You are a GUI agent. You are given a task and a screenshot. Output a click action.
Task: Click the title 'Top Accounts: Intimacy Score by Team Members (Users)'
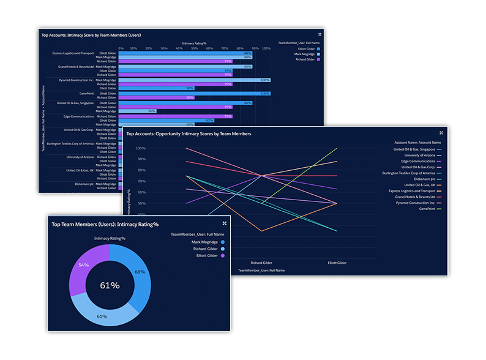pyautogui.click(x=91, y=35)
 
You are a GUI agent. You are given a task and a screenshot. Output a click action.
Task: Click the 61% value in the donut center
pyautogui.click(x=110, y=285)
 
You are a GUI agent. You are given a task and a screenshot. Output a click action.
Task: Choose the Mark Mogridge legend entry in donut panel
pyautogui.click(x=204, y=242)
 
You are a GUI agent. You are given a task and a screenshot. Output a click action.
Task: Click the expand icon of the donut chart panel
pyautogui.click(x=225, y=223)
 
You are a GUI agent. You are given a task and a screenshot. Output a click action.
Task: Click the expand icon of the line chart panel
pyautogui.click(x=441, y=132)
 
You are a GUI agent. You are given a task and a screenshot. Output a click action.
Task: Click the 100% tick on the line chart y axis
pyautogui.click(x=140, y=148)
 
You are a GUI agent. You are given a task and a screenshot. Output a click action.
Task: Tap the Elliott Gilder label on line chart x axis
pyautogui.click(x=337, y=263)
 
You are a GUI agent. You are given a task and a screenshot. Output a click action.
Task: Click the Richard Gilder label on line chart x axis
pyautogui.click(x=261, y=263)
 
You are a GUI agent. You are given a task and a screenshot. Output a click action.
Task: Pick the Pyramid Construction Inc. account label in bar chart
pyautogui.click(x=76, y=80)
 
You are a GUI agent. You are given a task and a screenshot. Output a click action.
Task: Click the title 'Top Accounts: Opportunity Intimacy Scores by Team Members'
pyautogui.click(x=189, y=133)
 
